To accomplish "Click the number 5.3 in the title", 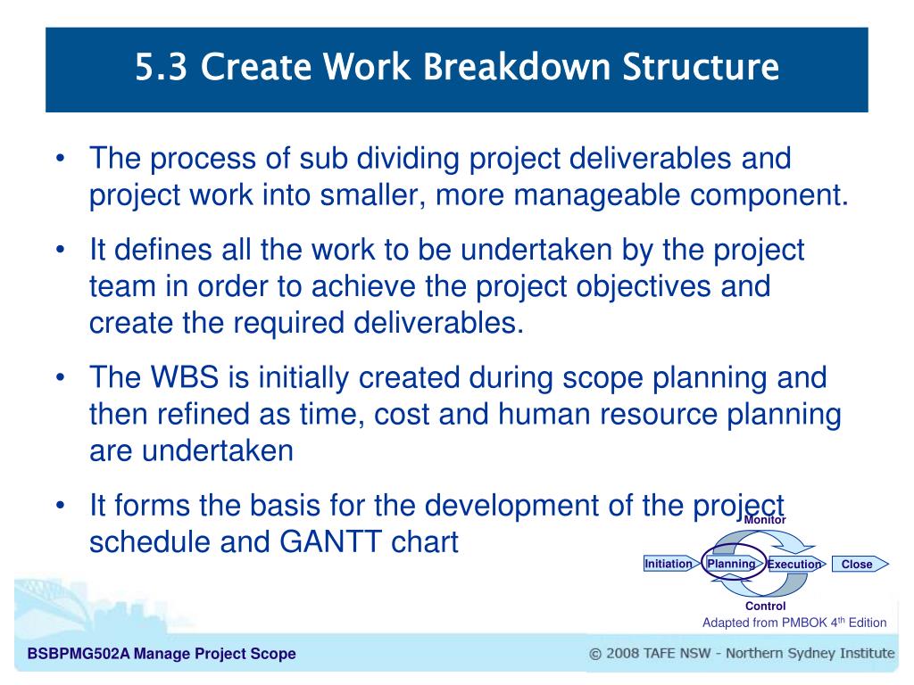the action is (161, 66).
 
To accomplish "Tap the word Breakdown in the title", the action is (517, 66).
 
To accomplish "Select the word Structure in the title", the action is (700, 66).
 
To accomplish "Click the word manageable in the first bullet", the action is (596, 195).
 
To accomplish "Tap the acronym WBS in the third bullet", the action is (185, 377).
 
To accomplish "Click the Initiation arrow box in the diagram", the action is (670, 564).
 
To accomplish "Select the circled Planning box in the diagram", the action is (733, 564).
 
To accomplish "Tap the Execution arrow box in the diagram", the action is (795, 564).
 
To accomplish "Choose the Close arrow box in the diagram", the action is (860, 564).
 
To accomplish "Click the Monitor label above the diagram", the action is (765, 520).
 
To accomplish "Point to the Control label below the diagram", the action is (765, 606).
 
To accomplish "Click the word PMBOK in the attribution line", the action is (804, 623).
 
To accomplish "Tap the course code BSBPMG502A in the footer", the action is (79, 654).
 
